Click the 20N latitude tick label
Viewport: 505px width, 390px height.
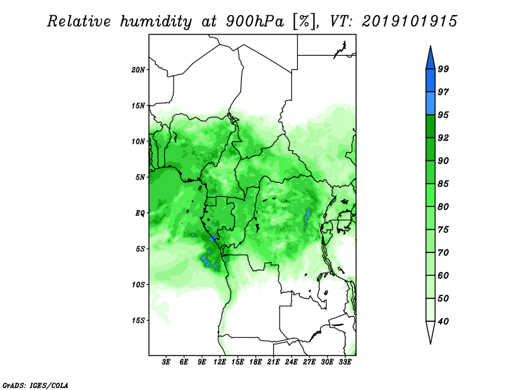click(x=138, y=70)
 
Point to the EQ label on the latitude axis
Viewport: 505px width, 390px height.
click(x=140, y=213)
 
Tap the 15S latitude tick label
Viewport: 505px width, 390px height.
click(x=138, y=321)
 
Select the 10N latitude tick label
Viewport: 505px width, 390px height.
click(x=138, y=141)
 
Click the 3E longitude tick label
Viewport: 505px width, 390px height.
click(x=165, y=362)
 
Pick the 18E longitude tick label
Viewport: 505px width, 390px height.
click(x=256, y=362)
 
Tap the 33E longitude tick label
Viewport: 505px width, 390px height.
click(x=345, y=362)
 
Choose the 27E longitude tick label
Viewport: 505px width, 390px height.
click(x=309, y=362)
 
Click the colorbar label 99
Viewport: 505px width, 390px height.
click(x=443, y=69)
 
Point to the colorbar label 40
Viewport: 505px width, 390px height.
click(x=443, y=321)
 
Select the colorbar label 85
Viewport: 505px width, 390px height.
click(x=443, y=184)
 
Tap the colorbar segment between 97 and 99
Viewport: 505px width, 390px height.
click(x=431, y=81)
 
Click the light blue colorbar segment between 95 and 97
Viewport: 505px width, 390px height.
click(x=431, y=103)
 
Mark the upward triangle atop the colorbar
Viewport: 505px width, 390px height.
click(x=431, y=58)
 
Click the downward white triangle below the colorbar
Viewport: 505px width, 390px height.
click(x=431, y=332)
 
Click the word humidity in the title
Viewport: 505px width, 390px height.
click(x=156, y=21)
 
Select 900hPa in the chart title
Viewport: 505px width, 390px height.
click(x=255, y=21)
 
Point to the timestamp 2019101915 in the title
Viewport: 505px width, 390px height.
click(x=409, y=21)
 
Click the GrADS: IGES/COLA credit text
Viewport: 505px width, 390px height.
click(x=35, y=385)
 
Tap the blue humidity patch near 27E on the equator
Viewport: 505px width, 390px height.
click(x=307, y=216)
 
